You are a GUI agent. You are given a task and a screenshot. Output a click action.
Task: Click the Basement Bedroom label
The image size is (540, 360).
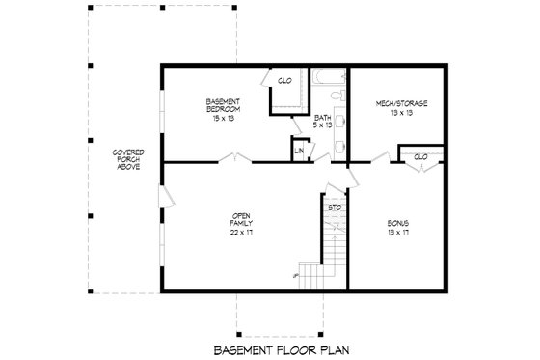[222, 105]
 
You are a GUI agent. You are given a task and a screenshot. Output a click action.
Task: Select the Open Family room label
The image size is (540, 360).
[240, 221]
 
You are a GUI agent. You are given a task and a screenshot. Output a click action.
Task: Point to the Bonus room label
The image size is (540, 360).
[397, 223]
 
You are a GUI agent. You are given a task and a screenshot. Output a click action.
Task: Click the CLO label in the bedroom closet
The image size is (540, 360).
[284, 81]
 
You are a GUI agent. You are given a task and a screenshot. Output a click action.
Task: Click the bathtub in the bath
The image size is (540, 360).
[329, 78]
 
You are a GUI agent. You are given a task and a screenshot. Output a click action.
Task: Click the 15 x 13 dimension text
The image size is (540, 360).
[222, 118]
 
